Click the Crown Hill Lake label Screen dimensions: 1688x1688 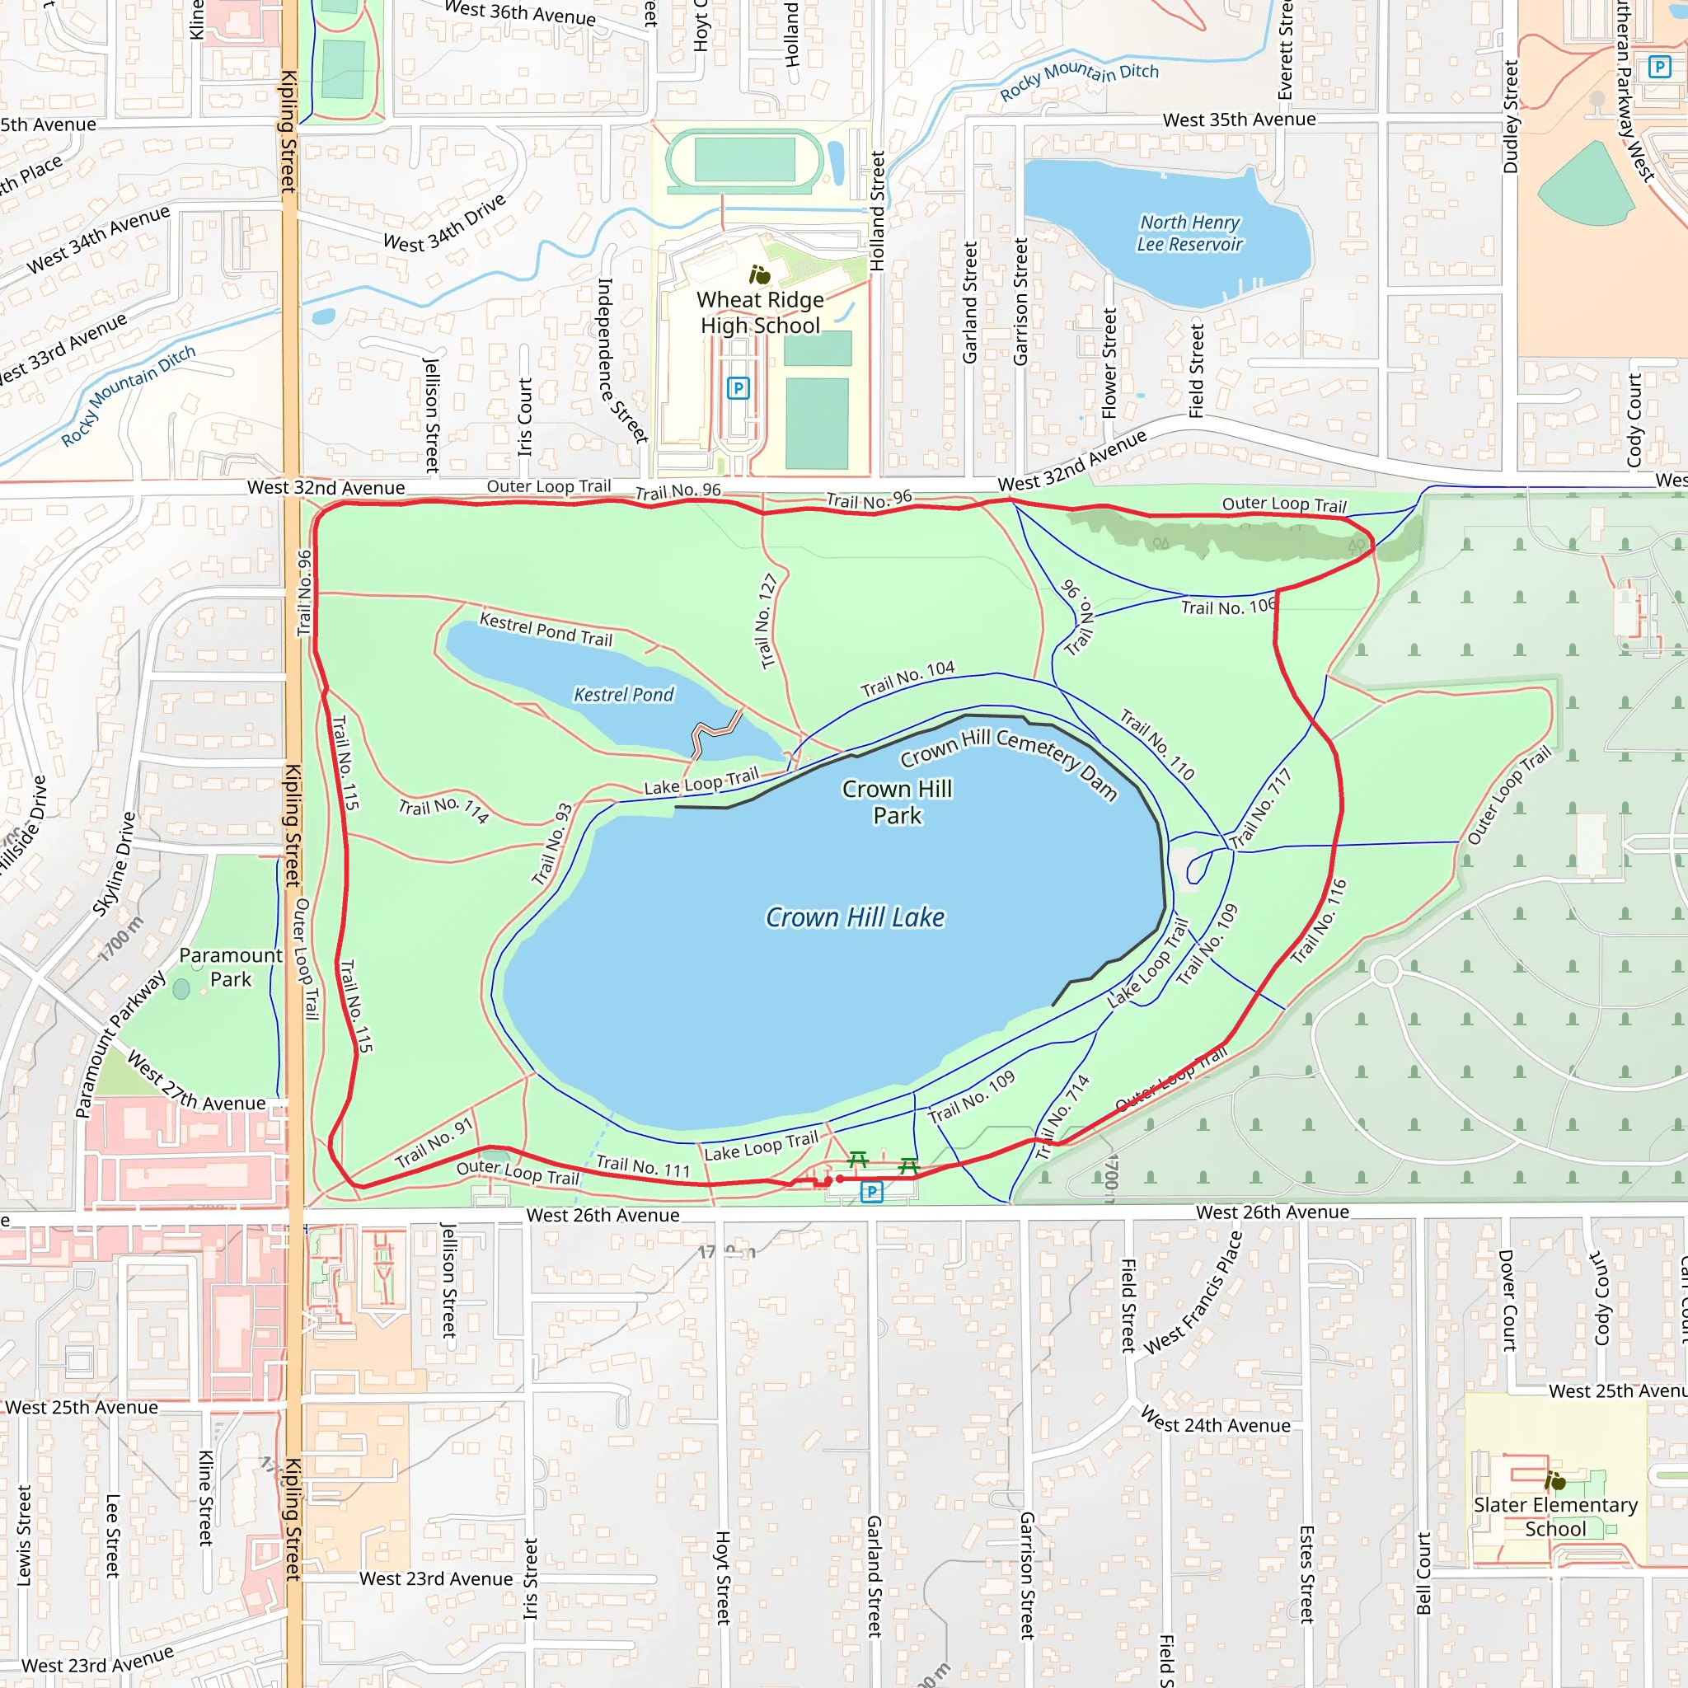coord(855,917)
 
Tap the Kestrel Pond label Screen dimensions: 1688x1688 coord(623,695)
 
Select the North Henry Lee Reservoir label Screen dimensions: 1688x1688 coord(1189,233)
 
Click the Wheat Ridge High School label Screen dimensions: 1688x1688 coord(760,312)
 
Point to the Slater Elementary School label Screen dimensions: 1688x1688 coord(1555,1517)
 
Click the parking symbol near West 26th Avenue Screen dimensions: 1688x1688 coord(871,1191)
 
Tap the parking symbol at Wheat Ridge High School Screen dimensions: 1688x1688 coord(738,388)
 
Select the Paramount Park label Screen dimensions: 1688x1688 coord(231,967)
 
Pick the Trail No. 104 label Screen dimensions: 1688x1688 coord(907,678)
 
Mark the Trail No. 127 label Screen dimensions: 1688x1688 coord(767,621)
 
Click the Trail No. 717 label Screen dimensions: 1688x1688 coord(1260,809)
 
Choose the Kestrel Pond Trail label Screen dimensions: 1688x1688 coord(546,629)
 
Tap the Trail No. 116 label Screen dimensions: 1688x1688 coord(1320,921)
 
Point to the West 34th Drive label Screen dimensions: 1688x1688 coord(445,223)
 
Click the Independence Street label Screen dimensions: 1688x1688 coord(621,360)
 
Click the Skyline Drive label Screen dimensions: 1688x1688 coord(115,865)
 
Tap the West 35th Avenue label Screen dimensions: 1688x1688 coord(1239,120)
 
